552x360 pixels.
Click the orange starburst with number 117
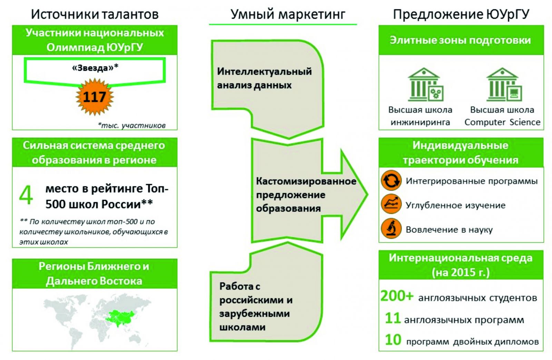[x=95, y=97]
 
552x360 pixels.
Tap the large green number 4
[x=26, y=195]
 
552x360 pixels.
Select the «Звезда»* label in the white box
[x=95, y=68]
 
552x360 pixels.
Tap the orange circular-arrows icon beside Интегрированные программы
[x=391, y=180]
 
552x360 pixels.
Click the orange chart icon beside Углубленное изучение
[x=391, y=204]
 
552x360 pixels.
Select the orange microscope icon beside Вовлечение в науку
[x=391, y=228]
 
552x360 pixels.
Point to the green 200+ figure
[x=396, y=296]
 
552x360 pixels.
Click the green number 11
[x=393, y=318]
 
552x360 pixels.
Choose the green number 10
[x=393, y=340]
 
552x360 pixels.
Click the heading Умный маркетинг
[x=288, y=14]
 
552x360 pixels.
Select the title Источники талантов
[x=95, y=14]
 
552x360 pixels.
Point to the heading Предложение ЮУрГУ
[x=461, y=14]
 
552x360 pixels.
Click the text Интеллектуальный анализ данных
[x=264, y=78]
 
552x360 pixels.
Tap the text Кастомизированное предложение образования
[x=306, y=194]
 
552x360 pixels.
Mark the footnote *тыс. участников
[x=131, y=125]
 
